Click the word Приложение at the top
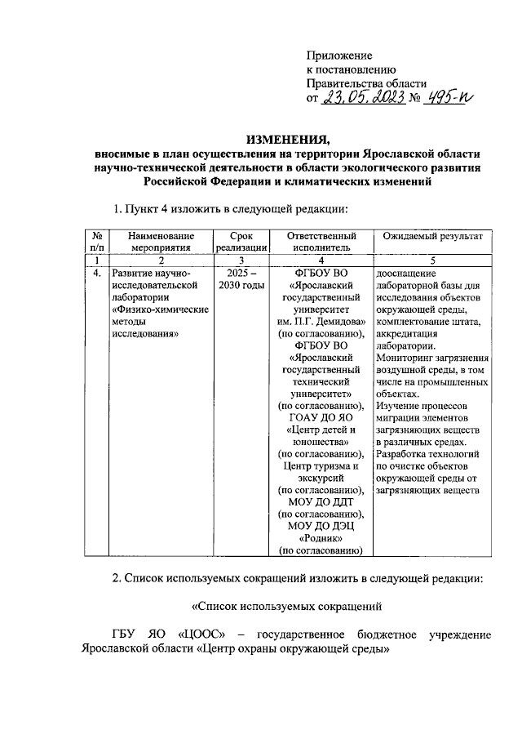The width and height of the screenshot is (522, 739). pos(338,55)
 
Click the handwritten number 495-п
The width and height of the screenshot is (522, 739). pos(448,100)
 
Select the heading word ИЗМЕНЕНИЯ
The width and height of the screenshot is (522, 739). pos(287,137)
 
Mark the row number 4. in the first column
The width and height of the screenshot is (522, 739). pos(96,273)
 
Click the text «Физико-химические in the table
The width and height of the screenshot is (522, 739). pos(159,311)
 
